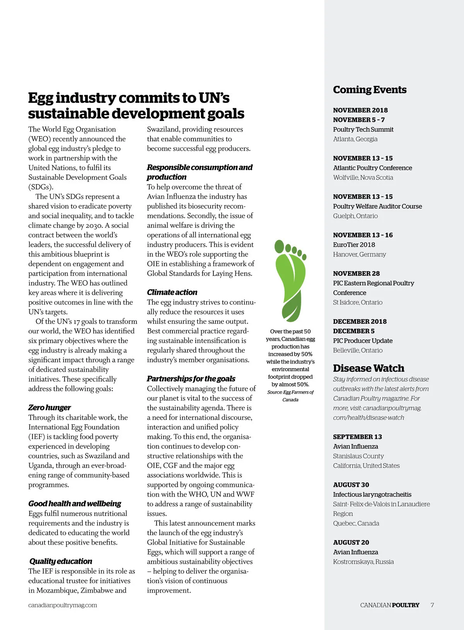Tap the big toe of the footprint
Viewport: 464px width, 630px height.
[279, 246]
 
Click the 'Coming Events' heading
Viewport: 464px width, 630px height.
[370, 90]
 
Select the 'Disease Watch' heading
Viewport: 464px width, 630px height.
[368, 368]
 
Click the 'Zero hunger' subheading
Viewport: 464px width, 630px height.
[49, 408]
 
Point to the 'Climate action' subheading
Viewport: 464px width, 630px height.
[172, 292]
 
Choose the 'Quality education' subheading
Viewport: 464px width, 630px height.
[61, 561]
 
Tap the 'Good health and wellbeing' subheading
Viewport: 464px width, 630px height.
[75, 504]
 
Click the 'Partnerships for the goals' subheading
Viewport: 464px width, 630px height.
[191, 379]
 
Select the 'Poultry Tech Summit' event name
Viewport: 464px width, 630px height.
[363, 130]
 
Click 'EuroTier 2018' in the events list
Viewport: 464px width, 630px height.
[354, 245]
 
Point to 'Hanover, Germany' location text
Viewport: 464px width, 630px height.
[359, 254]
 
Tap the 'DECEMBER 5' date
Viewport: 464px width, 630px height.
[353, 331]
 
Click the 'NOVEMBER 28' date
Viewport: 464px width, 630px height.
[356, 273]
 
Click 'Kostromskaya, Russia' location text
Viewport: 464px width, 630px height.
[363, 562]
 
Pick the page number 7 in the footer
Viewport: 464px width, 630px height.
[432, 605]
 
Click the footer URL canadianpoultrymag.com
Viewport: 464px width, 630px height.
[63, 605]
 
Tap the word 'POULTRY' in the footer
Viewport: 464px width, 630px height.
[406, 605]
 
